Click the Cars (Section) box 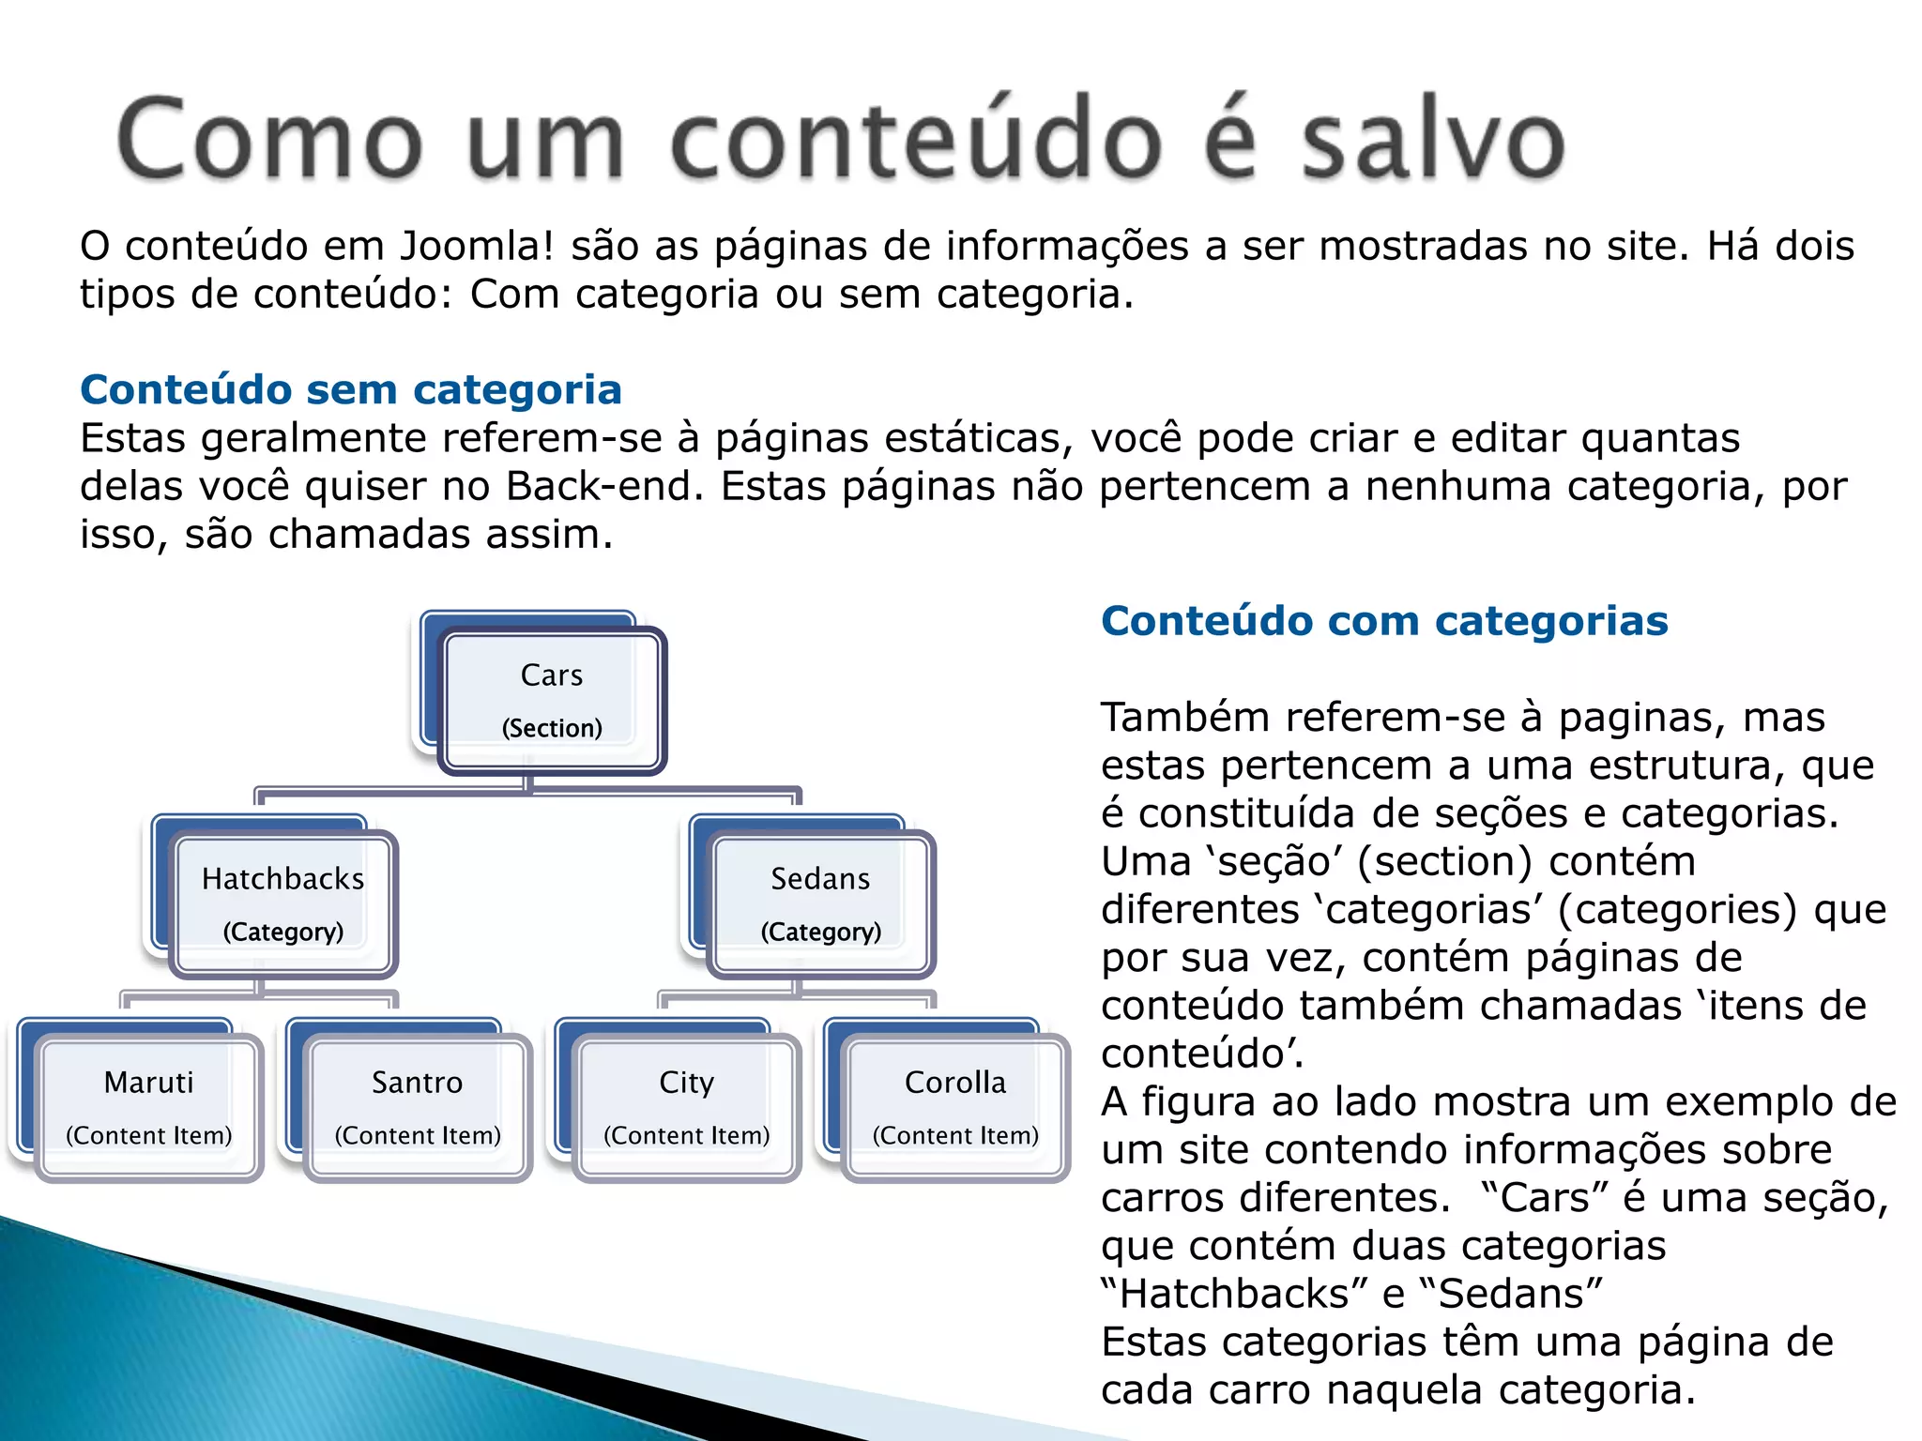552,700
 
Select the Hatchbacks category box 283,903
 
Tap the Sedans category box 821,903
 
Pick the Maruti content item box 149,1107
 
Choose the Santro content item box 418,1107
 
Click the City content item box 687,1107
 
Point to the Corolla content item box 955,1107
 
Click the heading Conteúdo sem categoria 351,389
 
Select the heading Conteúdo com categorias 1384,620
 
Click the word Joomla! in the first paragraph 477,246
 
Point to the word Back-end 604,486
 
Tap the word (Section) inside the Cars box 552,728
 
